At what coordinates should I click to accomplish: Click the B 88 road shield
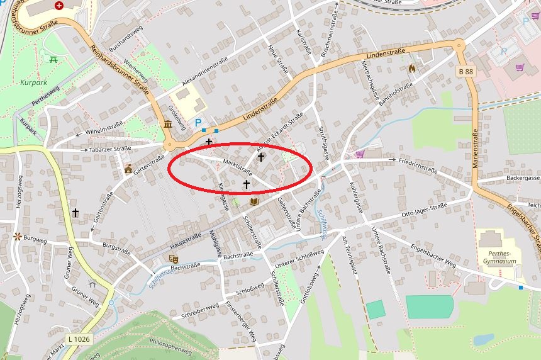466,72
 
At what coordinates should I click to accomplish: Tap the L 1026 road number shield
79,339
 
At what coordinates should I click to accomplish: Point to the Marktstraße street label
237,168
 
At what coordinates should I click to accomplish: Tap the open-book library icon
254,202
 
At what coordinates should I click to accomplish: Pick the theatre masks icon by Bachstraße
174,258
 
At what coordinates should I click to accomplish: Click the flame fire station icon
412,68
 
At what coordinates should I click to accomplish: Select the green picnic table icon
53,60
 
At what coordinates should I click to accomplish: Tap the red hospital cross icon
59,6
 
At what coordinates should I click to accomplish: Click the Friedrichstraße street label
418,165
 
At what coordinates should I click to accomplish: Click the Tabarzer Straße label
111,150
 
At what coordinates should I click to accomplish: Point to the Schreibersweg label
200,309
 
